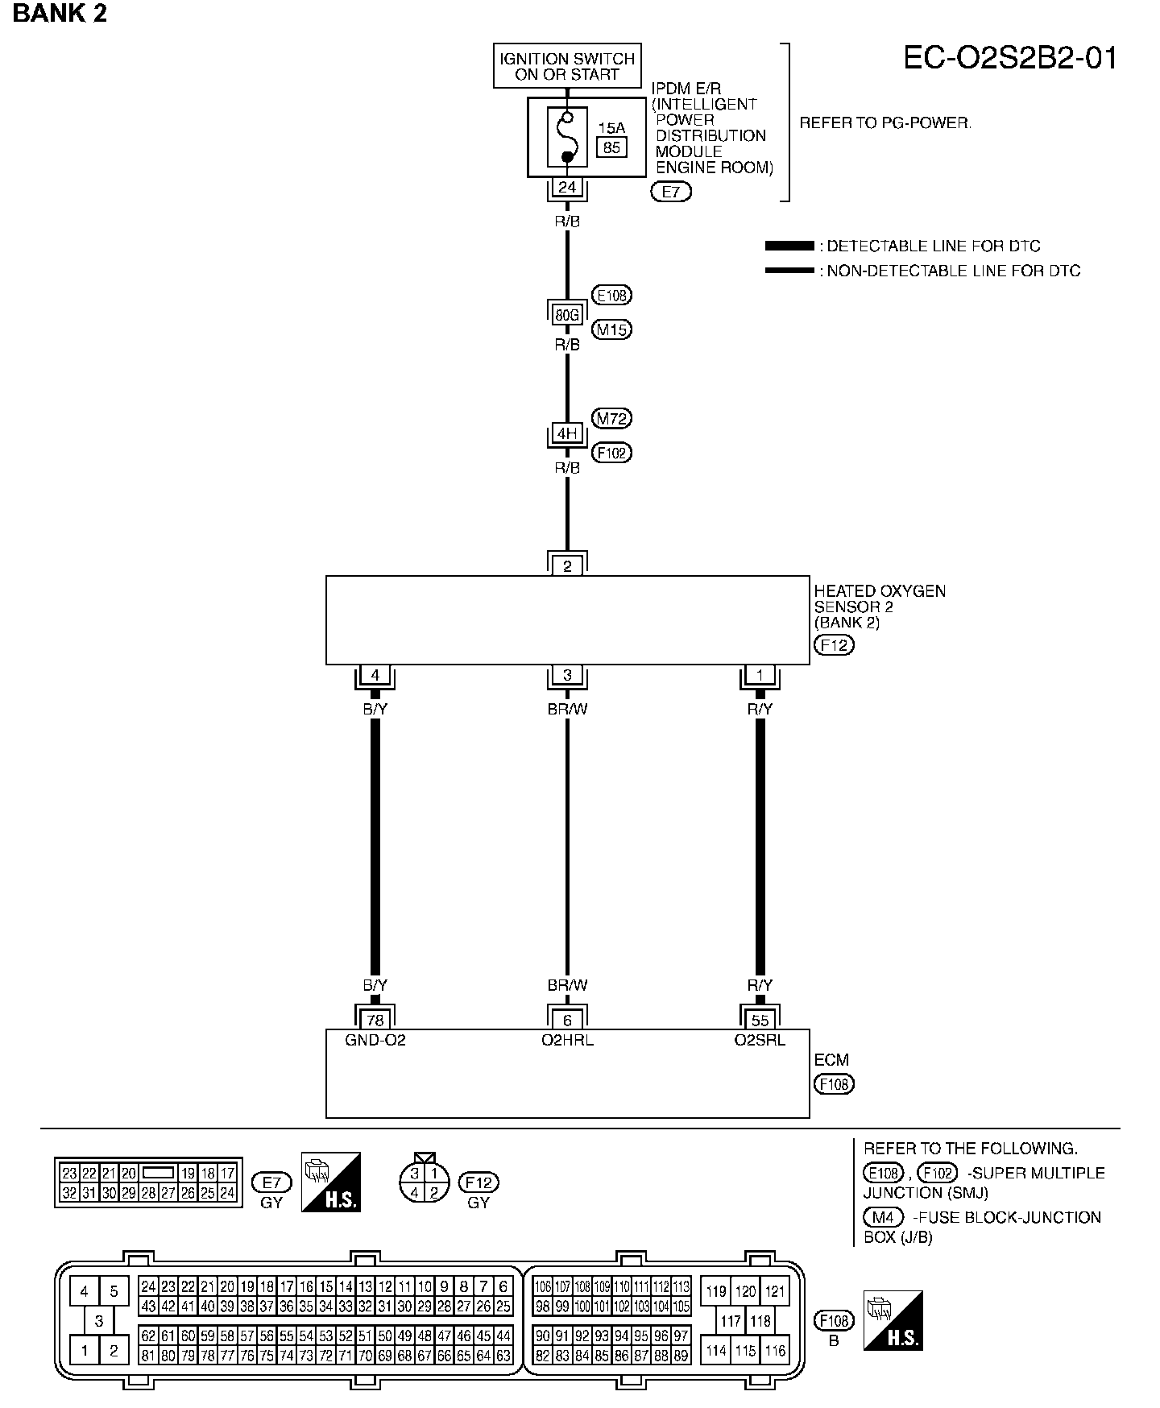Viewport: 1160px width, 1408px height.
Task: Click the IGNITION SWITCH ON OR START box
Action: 567,66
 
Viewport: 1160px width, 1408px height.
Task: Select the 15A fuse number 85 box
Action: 611,147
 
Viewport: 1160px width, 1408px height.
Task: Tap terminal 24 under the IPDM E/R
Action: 567,188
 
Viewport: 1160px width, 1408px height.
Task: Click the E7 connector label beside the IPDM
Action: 671,192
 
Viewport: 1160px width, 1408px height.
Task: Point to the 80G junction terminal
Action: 567,315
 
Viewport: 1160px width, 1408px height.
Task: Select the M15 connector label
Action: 611,329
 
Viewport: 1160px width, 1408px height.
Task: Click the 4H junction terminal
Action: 567,433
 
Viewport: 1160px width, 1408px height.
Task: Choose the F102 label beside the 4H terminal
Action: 612,453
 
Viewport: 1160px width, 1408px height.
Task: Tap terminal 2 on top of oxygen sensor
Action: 567,566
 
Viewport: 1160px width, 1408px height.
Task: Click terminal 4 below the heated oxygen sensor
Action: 375,675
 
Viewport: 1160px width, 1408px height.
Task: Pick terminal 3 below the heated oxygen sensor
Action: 567,675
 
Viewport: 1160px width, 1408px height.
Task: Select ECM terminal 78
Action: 375,1021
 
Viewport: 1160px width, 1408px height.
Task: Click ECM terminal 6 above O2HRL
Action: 567,1021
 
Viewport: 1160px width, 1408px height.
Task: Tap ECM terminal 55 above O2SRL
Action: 760,1021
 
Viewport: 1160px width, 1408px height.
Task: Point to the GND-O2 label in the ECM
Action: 375,1040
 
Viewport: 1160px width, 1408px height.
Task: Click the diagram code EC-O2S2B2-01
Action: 1010,59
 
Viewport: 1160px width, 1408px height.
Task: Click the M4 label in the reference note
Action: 882,1217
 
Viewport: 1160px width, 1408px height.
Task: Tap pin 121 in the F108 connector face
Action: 774,1291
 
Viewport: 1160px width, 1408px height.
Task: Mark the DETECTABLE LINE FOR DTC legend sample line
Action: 789,246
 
